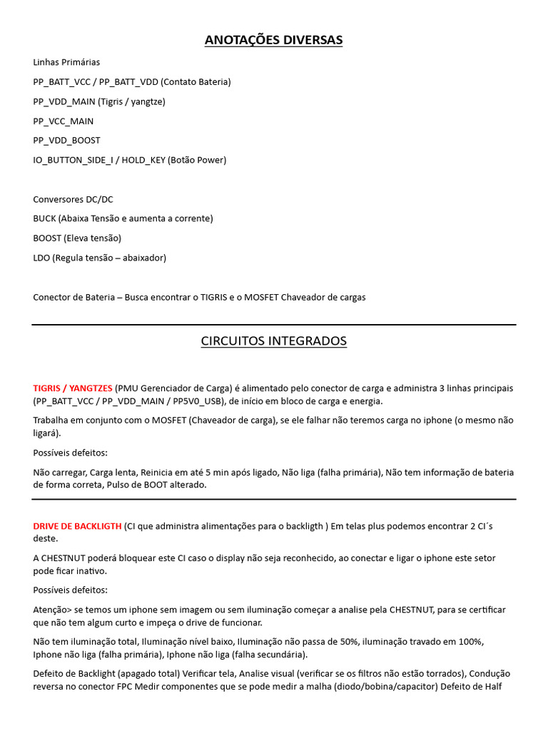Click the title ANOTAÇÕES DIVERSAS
pos(273,40)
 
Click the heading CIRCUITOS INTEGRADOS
pos(273,341)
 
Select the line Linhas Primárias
pos(66,62)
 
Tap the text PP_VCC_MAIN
pos(63,121)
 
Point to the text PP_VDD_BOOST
pos(66,141)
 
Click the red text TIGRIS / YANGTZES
pos(73,388)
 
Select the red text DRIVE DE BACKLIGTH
pos(77,526)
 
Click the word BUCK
pos(44,218)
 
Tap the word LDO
pos(41,258)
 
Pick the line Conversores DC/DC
pos(73,199)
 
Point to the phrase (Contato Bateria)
pos(196,82)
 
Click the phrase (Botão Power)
pos(197,160)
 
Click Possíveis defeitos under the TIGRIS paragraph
pos(70,453)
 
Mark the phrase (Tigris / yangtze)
pos(131,101)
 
